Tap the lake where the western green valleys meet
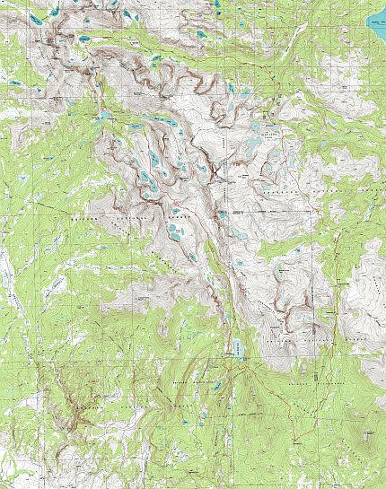pyautogui.click(x=104, y=117)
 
